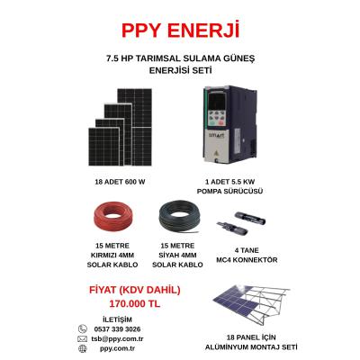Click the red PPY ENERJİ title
click(x=181, y=31)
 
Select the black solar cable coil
click(x=179, y=217)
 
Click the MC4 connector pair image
click(x=241, y=223)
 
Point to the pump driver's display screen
click(x=217, y=102)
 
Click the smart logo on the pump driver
click(x=216, y=136)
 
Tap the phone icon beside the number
click(x=83, y=329)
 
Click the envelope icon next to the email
click(x=82, y=339)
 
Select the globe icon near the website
click(x=82, y=348)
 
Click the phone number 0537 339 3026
click(x=117, y=329)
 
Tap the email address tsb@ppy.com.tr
click(x=117, y=339)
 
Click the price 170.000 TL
click(x=135, y=304)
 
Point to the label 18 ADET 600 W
click(x=120, y=182)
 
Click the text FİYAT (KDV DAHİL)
click(x=135, y=290)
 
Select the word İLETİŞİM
click(x=117, y=319)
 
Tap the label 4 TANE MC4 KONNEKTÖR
click(x=247, y=255)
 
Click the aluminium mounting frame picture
click(x=251, y=305)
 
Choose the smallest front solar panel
click(x=103, y=147)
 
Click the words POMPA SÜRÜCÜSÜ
click(x=229, y=191)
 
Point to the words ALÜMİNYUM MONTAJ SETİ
click(x=251, y=347)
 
